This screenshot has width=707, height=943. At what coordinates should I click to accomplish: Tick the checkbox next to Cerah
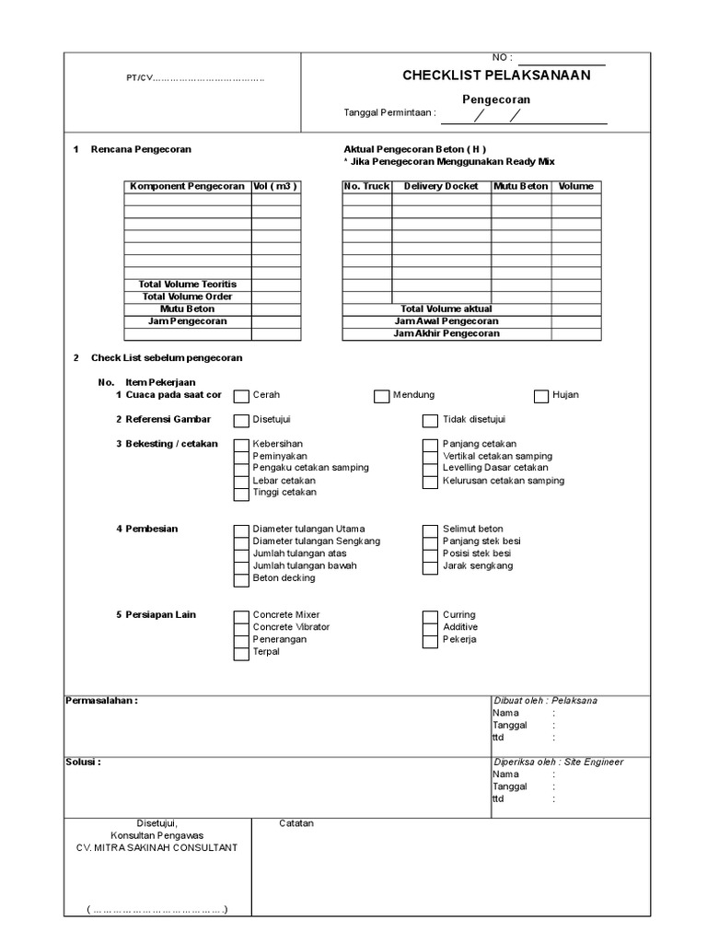241,396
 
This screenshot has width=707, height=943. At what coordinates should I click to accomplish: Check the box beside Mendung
381,396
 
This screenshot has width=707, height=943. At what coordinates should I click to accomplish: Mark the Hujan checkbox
541,396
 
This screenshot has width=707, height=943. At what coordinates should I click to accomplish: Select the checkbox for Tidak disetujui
430,421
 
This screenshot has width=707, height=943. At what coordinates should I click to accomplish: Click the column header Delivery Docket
441,187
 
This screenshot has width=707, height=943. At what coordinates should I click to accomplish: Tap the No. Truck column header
366,187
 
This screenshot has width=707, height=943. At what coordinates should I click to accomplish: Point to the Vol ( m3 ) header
276,187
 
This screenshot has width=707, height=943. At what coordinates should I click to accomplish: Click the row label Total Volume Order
187,297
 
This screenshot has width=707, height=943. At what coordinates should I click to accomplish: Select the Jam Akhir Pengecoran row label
446,334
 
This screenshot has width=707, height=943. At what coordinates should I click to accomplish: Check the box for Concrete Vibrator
241,628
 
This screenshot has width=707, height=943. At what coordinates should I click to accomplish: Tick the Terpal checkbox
241,653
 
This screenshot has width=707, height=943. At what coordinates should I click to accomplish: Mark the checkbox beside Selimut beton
430,530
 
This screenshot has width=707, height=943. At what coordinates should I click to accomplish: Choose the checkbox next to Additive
430,628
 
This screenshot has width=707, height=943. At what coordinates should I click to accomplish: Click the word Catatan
296,823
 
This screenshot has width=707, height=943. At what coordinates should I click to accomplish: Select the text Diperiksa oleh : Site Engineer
558,763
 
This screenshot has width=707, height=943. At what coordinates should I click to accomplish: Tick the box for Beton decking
241,579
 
